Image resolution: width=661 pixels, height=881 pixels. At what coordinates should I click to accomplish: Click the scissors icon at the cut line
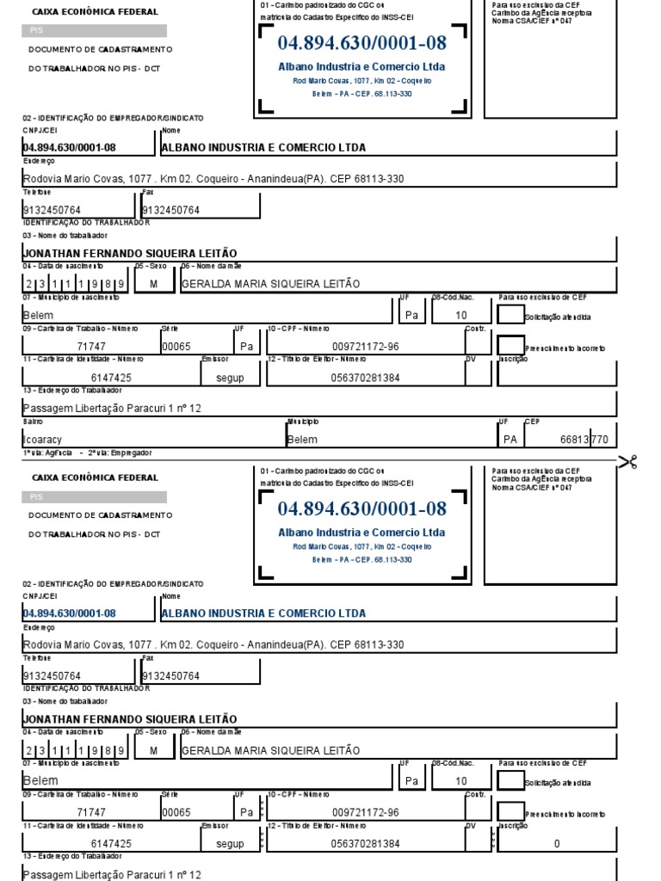click(x=628, y=463)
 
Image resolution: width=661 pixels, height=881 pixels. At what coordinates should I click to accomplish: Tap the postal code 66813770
click(x=584, y=440)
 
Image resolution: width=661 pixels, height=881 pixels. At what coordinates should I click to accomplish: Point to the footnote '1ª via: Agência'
click(x=42, y=453)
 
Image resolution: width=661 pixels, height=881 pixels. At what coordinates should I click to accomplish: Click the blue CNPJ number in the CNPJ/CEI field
click(x=69, y=613)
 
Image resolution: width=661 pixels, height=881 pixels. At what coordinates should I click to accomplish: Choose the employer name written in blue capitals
click(x=263, y=613)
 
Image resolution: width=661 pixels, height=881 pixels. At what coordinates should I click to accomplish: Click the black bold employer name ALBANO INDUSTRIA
click(x=263, y=147)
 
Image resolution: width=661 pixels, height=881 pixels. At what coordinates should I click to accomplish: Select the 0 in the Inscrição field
click(x=557, y=844)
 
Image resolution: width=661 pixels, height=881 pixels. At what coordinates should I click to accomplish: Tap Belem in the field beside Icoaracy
click(x=302, y=440)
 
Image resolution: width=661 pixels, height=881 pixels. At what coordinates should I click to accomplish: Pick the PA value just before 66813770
click(x=511, y=440)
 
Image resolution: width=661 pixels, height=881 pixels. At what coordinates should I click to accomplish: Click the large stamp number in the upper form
click(x=361, y=43)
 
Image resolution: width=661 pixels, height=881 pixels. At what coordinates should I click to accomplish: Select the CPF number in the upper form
click(x=365, y=347)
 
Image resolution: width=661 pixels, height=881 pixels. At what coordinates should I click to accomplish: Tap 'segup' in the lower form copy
click(x=230, y=844)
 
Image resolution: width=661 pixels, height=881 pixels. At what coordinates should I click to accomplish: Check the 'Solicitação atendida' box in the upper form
click(x=510, y=316)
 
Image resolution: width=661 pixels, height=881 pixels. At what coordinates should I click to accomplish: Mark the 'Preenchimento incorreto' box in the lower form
click(x=510, y=812)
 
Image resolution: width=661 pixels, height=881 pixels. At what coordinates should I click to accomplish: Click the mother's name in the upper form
click(x=271, y=284)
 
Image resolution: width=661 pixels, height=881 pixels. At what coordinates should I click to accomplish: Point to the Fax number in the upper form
click(x=170, y=210)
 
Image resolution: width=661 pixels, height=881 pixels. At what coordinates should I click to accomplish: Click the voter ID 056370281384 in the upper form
click(x=365, y=378)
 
